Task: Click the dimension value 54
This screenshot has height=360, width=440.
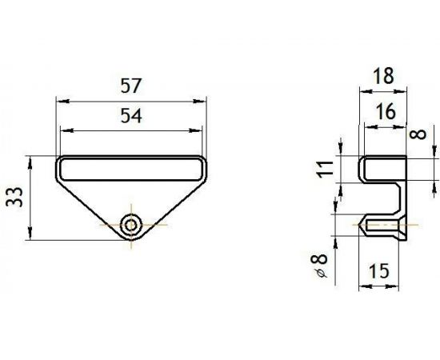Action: (131, 116)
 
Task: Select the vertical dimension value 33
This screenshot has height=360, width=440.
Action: (15, 197)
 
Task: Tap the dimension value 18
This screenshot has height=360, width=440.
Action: (383, 76)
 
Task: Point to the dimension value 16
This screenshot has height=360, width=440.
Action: (386, 111)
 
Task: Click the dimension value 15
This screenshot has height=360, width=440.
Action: (379, 271)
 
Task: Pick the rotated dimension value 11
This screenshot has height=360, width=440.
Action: (325, 169)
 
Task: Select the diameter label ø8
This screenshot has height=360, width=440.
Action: (320, 266)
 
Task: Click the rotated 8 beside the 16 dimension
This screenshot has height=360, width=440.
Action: (418, 134)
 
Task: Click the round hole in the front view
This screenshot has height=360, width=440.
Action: (131, 225)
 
